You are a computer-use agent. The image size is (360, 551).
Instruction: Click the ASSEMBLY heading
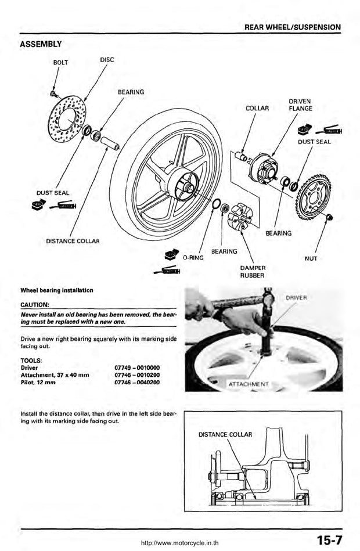coord(41,44)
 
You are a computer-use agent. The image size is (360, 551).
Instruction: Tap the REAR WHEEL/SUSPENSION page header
coord(292,27)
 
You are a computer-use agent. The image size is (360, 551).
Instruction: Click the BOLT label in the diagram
coord(61,63)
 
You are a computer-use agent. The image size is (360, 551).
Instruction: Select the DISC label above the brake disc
coord(107,59)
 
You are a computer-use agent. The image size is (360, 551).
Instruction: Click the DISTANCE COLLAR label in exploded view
coord(73,240)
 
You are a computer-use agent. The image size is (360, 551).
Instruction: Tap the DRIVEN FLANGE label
coord(300,105)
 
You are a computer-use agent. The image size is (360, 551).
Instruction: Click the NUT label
coord(311,258)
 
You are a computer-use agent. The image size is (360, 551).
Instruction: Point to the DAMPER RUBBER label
coord(253,271)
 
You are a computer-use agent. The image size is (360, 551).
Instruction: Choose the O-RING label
coord(192,257)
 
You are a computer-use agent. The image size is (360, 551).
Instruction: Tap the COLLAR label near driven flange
coord(257,108)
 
